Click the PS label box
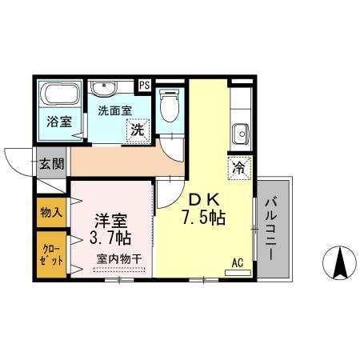[145, 84]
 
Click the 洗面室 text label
[114, 111]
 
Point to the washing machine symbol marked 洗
[138, 130]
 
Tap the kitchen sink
[239, 131]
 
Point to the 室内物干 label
[119, 258]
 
